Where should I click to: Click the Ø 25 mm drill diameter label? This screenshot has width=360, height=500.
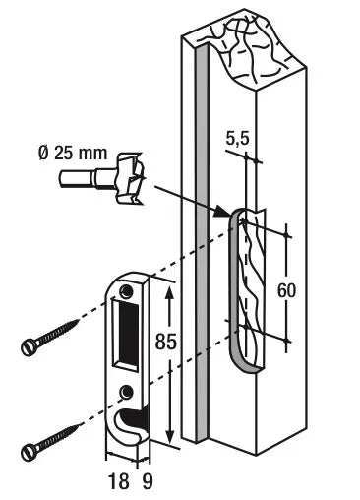(x=73, y=154)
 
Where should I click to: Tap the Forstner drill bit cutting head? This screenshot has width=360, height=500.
(x=129, y=177)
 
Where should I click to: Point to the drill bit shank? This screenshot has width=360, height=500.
(x=87, y=179)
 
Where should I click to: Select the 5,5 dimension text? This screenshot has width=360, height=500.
(x=238, y=138)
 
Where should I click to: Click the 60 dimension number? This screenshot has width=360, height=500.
(x=286, y=290)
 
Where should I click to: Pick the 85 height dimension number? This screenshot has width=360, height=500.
(x=166, y=342)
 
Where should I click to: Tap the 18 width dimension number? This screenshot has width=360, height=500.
(x=118, y=481)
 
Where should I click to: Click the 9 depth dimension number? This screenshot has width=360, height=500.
(x=148, y=481)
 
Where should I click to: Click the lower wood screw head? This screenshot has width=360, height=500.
(x=28, y=453)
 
